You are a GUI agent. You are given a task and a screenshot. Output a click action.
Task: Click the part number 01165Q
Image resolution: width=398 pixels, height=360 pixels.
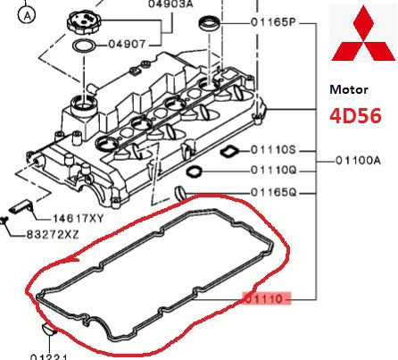click(275, 191)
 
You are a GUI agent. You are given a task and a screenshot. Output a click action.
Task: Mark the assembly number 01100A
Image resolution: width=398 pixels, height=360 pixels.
click(359, 161)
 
